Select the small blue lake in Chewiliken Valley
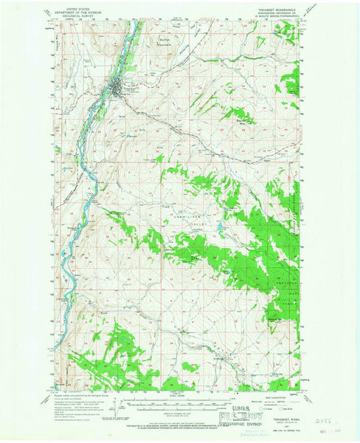(219, 227)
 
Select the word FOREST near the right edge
(300, 216)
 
